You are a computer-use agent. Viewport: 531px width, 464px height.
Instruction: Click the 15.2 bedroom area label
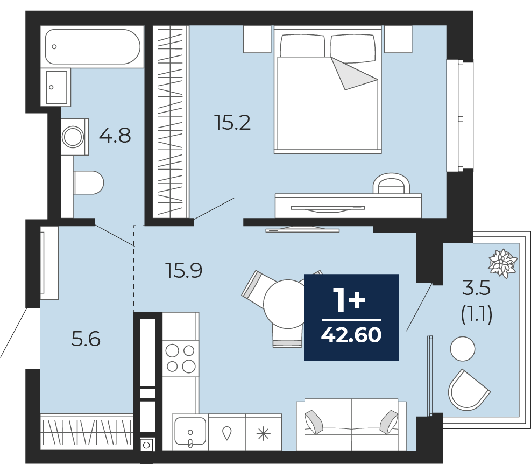tap(232, 123)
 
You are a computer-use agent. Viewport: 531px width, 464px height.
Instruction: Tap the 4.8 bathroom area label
tap(115, 136)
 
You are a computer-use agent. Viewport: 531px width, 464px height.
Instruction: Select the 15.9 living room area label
tap(184, 270)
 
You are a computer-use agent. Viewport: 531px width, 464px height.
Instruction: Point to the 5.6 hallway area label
tap(86, 339)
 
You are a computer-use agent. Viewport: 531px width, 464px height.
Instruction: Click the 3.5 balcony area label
tap(477, 288)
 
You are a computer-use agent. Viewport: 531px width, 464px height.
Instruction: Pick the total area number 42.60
tap(351, 335)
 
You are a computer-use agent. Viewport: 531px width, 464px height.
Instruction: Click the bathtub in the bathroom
tap(93, 46)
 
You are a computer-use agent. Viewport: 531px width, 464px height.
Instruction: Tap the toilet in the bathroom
tap(88, 182)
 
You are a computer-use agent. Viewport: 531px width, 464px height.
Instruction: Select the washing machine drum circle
tap(73, 137)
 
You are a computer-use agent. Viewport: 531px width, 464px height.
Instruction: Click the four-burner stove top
tap(180, 358)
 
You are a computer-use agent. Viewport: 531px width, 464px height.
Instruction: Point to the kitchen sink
tap(190, 432)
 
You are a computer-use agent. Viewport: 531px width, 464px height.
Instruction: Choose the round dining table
tap(288, 304)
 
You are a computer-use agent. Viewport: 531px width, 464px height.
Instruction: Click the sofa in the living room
tap(351, 424)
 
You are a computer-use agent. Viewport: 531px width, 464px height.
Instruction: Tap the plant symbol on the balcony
tap(503, 263)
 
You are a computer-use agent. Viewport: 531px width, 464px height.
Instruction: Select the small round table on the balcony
tap(463, 349)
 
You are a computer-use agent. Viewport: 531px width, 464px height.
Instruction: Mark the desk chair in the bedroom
tap(391, 184)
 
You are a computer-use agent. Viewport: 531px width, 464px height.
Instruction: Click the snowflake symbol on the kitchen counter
tap(264, 434)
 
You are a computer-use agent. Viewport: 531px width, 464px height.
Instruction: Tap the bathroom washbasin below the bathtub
tap(55, 87)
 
